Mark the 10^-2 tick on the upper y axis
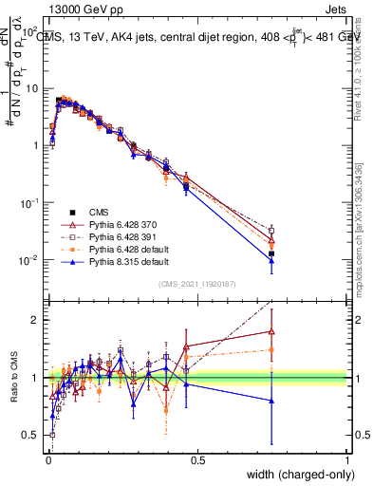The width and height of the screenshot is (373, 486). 30,260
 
